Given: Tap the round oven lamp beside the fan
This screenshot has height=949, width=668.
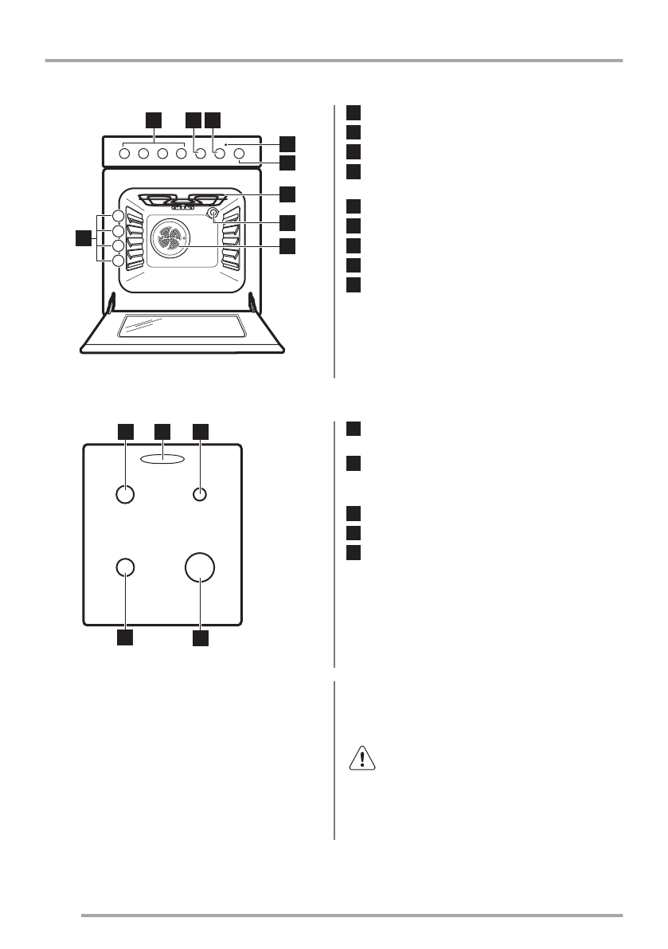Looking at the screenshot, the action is point(213,214).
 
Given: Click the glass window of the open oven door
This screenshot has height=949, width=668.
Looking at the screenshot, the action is point(181,326).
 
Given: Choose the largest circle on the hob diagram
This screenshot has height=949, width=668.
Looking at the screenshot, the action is point(200,567).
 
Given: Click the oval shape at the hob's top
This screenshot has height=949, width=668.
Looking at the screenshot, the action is point(163,458).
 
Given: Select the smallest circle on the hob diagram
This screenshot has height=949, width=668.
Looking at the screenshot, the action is point(200,494).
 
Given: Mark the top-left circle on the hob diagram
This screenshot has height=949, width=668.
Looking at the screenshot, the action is point(123,494).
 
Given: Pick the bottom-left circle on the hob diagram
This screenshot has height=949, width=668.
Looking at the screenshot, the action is point(124,567).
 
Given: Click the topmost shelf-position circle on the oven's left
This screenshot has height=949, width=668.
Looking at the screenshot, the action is point(117,216).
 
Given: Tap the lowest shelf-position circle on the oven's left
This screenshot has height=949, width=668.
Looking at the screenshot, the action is point(117,261).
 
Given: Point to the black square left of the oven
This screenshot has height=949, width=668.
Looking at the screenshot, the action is point(82,237).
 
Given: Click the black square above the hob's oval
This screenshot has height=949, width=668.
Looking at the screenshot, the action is point(163,431).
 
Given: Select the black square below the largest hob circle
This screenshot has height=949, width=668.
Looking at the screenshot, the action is point(201,637).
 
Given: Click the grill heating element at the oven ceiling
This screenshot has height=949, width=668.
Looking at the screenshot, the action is point(182,198).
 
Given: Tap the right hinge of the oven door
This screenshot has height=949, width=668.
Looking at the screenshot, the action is point(252,304).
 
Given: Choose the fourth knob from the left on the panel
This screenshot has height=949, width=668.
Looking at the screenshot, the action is point(182,154).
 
